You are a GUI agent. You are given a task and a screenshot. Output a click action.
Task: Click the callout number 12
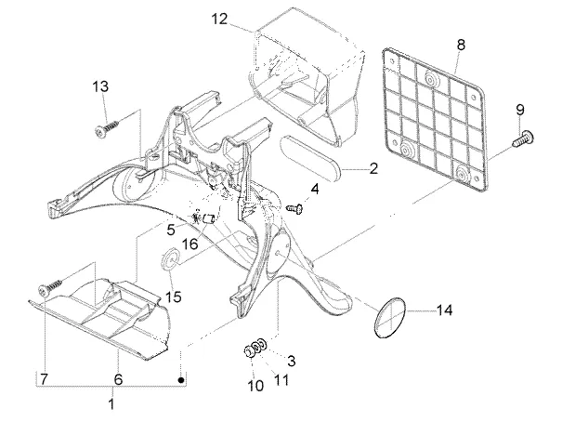[x=219, y=19]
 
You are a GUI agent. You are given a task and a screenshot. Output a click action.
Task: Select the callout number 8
[x=461, y=45]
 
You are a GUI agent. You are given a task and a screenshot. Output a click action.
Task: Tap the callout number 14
[x=444, y=310]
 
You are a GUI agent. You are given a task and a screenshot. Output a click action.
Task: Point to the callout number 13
[x=100, y=86]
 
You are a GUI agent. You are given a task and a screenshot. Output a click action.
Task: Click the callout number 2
[x=373, y=168]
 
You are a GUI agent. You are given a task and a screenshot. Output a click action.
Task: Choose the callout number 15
[x=173, y=297]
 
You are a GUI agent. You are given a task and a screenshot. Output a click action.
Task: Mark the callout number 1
[x=111, y=403]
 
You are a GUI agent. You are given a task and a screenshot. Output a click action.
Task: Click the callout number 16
[x=190, y=244]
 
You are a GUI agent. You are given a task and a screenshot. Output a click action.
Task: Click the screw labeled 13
[x=108, y=127]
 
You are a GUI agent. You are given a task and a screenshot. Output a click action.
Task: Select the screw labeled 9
[x=524, y=138]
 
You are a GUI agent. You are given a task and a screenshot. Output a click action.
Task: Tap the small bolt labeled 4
[x=295, y=208]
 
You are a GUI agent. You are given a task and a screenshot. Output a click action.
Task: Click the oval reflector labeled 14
[x=390, y=317]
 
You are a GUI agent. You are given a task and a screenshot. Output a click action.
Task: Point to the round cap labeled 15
[x=169, y=258]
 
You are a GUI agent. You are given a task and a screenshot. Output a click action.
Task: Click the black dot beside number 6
[x=181, y=379]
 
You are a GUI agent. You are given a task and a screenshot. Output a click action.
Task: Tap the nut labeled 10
[x=248, y=351]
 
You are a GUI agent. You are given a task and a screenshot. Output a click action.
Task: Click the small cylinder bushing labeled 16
[x=208, y=218]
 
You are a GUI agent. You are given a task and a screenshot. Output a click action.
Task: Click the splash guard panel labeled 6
[x=100, y=317]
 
